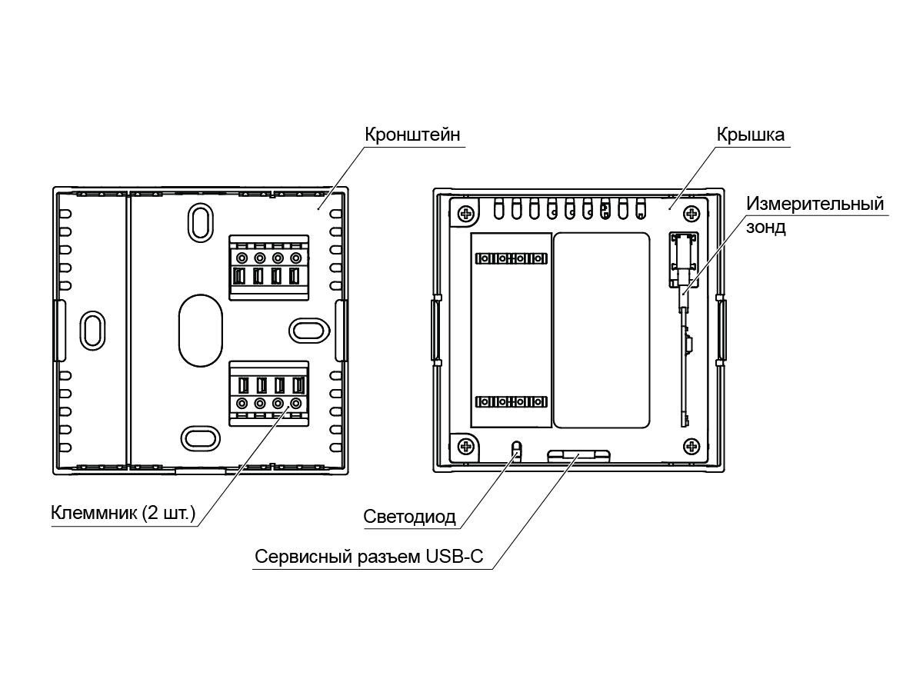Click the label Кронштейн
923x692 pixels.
tap(412, 135)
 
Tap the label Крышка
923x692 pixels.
tap(751, 135)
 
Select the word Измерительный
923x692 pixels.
tap(815, 204)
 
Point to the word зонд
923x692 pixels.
tap(766, 227)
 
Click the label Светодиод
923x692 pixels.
tap(409, 517)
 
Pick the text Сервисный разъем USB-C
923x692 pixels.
tap(368, 556)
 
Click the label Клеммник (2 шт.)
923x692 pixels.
tap(123, 513)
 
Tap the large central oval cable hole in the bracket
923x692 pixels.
tap(201, 331)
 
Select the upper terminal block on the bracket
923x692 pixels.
tap(269, 268)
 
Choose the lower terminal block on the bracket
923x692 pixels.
tap(269, 393)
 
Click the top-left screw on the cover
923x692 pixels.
tap(465, 214)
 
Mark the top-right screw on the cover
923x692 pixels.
tap(691, 214)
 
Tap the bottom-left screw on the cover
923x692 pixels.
tap(465, 446)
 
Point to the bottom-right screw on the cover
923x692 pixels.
tap(691, 446)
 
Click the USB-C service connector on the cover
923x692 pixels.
tap(578, 456)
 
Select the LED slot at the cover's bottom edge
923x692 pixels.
tap(517, 450)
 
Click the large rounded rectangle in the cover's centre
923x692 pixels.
tap(601, 331)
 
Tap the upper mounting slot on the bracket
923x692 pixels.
tap(201, 223)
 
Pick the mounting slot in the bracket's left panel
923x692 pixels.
tap(92, 331)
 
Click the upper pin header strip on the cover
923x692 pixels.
tap(511, 258)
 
